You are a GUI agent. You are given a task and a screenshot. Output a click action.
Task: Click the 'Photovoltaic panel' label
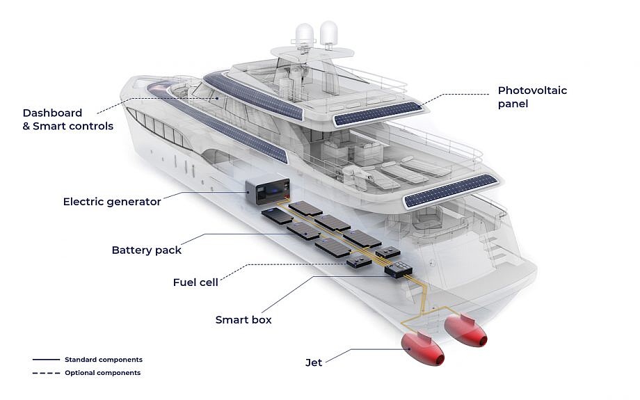(531, 97)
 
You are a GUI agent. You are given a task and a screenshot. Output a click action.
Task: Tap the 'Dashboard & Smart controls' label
(67, 119)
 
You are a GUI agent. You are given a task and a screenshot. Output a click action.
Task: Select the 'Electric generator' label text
(112, 202)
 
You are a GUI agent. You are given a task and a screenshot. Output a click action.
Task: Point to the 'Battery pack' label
(146, 250)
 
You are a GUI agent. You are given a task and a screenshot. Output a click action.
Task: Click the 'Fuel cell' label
(195, 282)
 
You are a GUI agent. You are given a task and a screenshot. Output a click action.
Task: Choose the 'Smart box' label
(243, 320)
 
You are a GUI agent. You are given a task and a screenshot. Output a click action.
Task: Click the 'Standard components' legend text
(103, 360)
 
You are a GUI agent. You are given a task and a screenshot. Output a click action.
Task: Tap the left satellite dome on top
(305, 35)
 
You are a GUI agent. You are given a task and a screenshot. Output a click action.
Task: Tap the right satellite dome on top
(329, 33)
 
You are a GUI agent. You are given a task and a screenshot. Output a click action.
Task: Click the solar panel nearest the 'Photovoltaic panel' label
(378, 113)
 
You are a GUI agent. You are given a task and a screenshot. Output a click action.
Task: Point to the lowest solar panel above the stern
(451, 191)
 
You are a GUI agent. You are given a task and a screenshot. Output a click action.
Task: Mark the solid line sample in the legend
(45, 360)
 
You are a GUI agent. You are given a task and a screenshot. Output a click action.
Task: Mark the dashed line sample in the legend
(45, 373)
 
